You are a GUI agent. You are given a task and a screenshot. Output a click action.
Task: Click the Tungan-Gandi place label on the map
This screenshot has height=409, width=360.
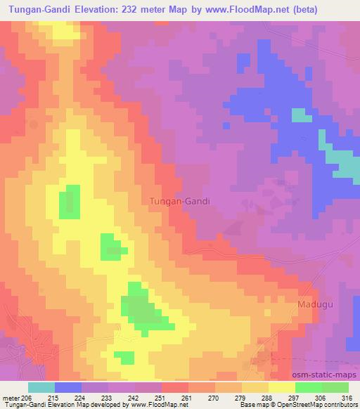pos(180,200)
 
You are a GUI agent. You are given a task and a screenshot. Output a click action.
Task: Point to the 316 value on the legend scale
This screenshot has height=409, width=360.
pos(346,397)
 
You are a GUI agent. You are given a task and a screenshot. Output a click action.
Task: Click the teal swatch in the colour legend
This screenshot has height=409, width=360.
pos(41,388)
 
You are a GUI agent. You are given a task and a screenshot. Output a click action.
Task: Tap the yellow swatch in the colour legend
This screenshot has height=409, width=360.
pos(282,388)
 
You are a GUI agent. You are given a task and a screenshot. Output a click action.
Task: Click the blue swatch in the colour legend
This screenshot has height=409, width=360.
pos(68,388)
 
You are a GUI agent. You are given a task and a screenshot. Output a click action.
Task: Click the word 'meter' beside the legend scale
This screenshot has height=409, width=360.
pos(11,397)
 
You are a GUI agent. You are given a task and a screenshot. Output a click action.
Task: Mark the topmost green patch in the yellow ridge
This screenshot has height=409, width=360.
pos(69,202)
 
